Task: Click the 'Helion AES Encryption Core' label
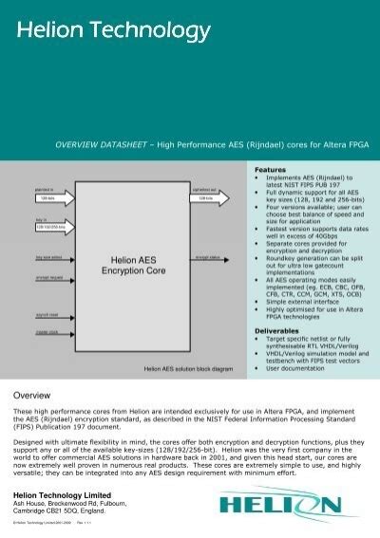point(127,264)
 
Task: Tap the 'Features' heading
point(268,168)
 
